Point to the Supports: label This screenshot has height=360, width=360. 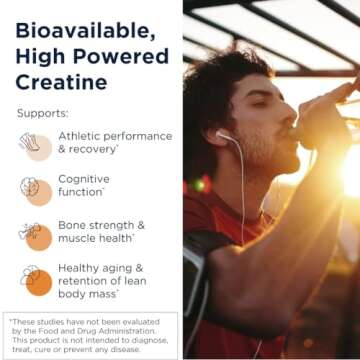point(43,113)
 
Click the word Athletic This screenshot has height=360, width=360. point(80,136)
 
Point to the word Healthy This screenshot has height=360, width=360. point(81,269)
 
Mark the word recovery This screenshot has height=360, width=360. point(97,149)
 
